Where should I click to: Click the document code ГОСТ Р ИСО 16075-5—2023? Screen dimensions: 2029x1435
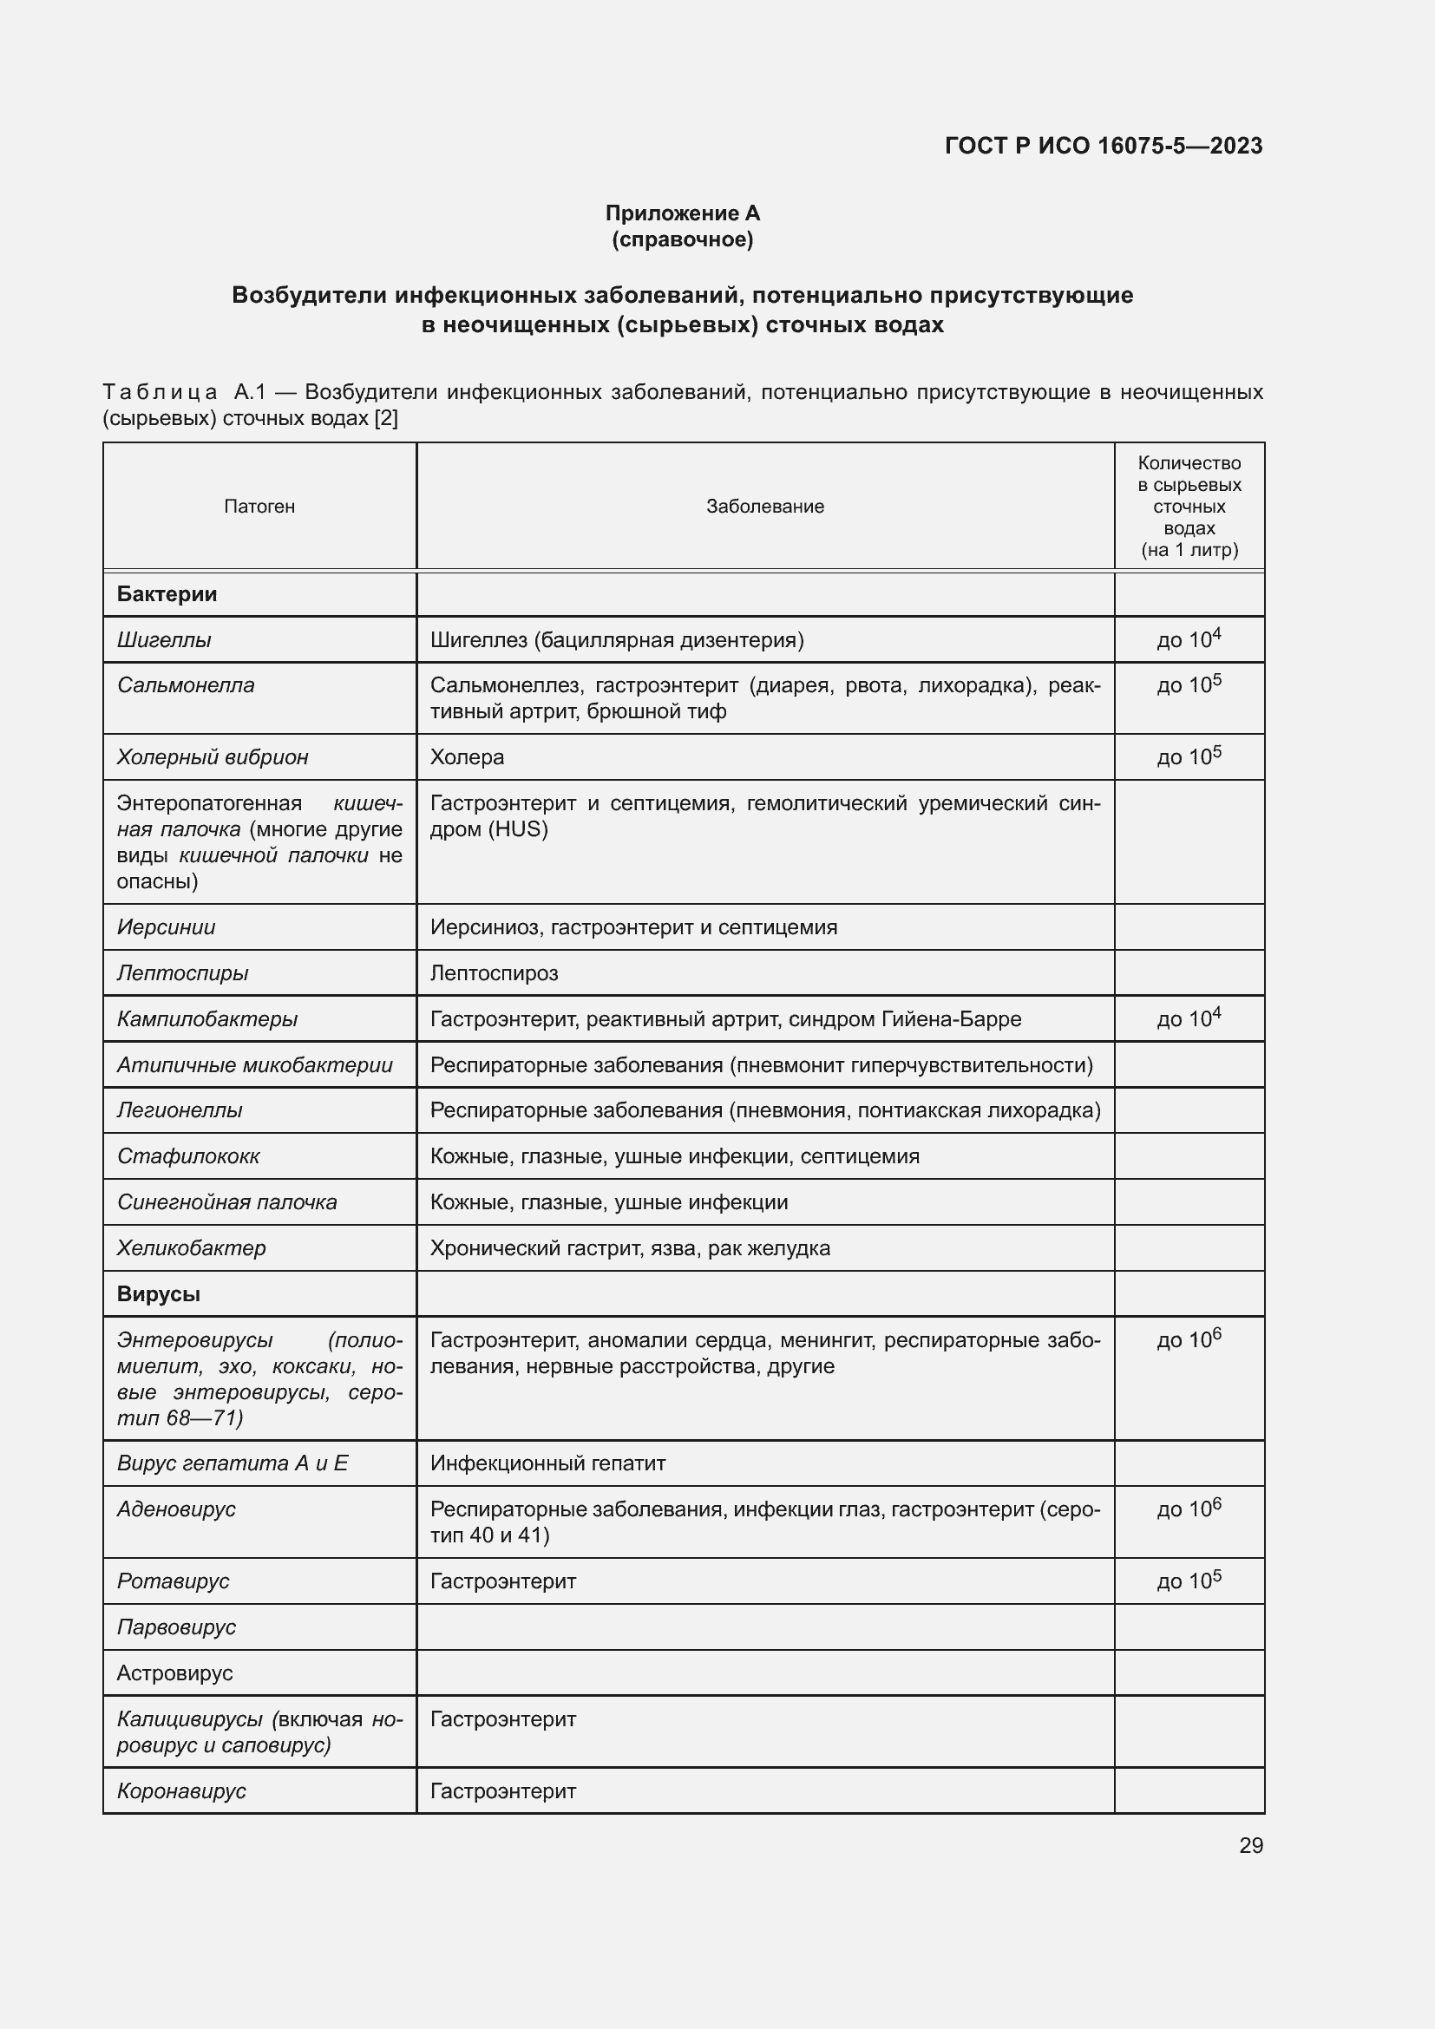pos(1103,146)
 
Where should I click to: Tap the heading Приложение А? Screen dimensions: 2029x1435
pos(682,213)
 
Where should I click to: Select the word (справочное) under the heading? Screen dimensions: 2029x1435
pos(682,239)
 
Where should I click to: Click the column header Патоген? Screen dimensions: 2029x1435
pos(259,507)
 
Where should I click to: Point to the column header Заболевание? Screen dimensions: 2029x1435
pos(764,507)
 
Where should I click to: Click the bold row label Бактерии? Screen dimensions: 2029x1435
pos(167,594)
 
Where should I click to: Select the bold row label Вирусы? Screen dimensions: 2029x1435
pos(158,1293)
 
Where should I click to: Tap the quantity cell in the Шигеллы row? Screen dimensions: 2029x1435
pos(1189,639)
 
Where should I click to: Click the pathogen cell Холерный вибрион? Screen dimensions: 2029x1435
pos(212,757)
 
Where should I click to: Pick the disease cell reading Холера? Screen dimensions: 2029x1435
pos(468,757)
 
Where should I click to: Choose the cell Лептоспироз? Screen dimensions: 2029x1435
pos(494,973)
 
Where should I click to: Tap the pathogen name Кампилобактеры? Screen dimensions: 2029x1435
pos(206,1019)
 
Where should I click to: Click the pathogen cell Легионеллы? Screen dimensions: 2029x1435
pos(180,1110)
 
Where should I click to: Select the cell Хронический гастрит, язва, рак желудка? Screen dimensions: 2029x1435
pos(630,1247)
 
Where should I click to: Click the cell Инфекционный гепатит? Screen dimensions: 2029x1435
pos(547,1463)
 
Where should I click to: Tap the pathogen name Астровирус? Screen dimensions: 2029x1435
pos(174,1672)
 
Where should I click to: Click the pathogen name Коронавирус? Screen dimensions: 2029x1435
pos(181,1791)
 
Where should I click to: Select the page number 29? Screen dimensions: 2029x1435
pos(1250,1845)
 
